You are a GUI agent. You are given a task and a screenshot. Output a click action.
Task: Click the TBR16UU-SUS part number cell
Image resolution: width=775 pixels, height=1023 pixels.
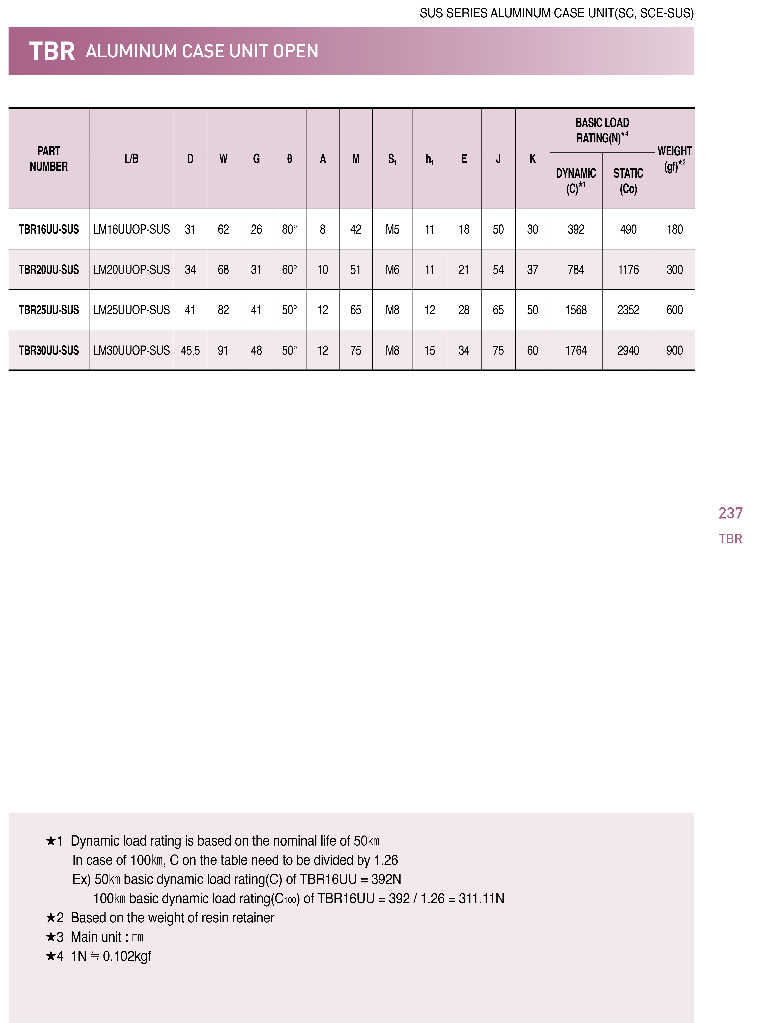click(49, 229)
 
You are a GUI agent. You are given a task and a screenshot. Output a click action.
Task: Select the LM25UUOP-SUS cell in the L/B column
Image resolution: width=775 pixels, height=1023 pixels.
click(131, 310)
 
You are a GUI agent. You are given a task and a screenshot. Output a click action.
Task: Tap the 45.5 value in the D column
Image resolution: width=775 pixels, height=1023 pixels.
click(190, 351)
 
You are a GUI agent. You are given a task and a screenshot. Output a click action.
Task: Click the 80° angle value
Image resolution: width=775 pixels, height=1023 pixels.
click(289, 229)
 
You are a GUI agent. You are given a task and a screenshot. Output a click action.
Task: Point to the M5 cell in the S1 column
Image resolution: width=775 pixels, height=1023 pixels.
click(392, 229)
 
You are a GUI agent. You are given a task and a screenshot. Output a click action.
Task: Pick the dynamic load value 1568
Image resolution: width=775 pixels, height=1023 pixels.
click(576, 310)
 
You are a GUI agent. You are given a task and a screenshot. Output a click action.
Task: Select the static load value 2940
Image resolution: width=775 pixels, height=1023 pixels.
click(628, 351)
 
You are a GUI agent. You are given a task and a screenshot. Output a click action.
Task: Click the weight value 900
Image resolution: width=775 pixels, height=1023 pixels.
click(674, 351)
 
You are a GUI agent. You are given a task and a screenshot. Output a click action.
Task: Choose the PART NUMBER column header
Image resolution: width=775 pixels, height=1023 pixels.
click(49, 159)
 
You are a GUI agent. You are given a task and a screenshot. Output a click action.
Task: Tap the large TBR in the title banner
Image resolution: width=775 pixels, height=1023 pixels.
click(52, 51)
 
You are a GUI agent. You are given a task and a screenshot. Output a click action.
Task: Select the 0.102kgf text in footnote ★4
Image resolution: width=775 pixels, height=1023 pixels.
click(127, 956)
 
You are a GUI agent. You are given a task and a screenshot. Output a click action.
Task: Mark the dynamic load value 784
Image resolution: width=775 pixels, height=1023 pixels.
click(576, 270)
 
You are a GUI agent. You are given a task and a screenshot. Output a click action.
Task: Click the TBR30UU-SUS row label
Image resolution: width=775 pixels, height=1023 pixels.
click(49, 351)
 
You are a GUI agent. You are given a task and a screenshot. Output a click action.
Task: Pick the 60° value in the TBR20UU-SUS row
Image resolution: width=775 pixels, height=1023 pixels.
click(289, 270)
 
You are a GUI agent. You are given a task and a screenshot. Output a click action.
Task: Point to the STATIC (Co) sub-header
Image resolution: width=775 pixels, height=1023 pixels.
click(628, 181)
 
